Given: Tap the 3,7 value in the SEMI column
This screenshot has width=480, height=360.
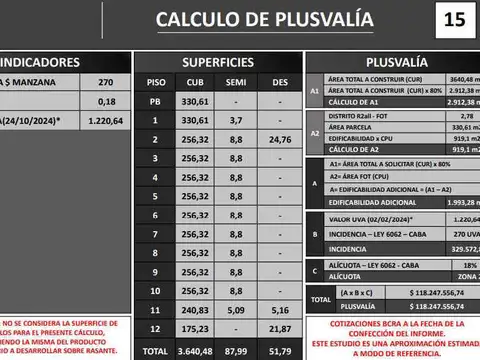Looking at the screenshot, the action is point(236,120).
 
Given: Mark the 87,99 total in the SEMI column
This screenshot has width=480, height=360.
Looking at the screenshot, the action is point(236,351).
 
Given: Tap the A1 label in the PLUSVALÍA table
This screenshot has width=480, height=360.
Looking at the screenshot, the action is point(313,91).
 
